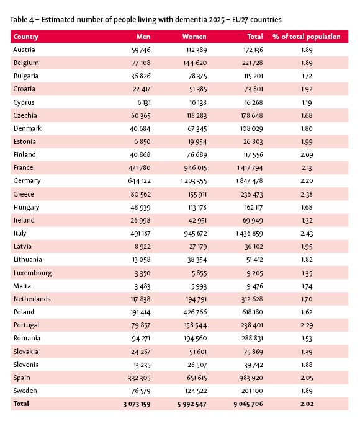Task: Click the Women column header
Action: click(194, 37)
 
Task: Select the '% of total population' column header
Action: click(308, 37)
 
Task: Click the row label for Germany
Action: click(27, 181)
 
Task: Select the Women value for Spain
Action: click(193, 378)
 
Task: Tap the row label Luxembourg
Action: click(32, 273)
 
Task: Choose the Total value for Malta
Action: click(251, 286)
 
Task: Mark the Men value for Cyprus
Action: click(142, 102)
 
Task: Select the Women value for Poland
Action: click(193, 312)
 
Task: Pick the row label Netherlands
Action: click(32, 299)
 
